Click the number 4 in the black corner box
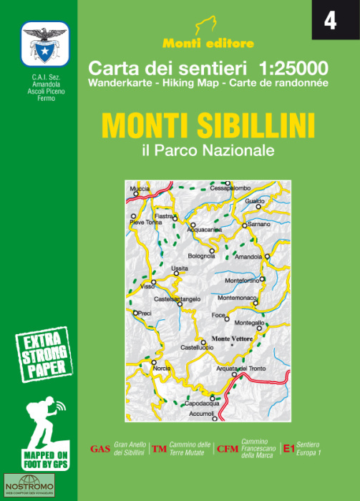click(330, 21)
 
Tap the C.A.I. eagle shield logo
click(44, 45)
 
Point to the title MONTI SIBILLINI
click(208, 126)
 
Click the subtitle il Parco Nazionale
click(208, 151)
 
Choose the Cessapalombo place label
click(230, 188)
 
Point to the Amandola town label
click(248, 256)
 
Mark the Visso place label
click(147, 286)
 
